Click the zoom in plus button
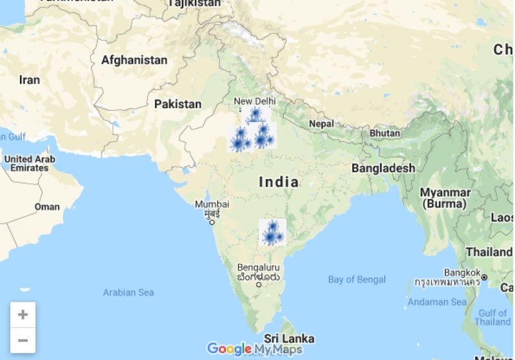point(23,314)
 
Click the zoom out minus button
point(23,339)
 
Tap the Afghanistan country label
point(134,60)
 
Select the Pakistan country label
point(178,104)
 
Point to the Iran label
point(29,80)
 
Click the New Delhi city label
point(254,101)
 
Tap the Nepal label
point(321,123)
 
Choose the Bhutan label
point(384,133)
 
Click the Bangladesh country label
point(383,168)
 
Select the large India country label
point(279,182)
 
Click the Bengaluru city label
point(258,267)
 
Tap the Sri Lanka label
point(289,338)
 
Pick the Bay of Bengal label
point(357,279)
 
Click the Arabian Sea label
point(128,292)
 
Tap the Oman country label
point(47,207)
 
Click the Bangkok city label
point(460,272)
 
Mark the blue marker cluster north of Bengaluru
point(272,232)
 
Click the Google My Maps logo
point(254,349)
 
